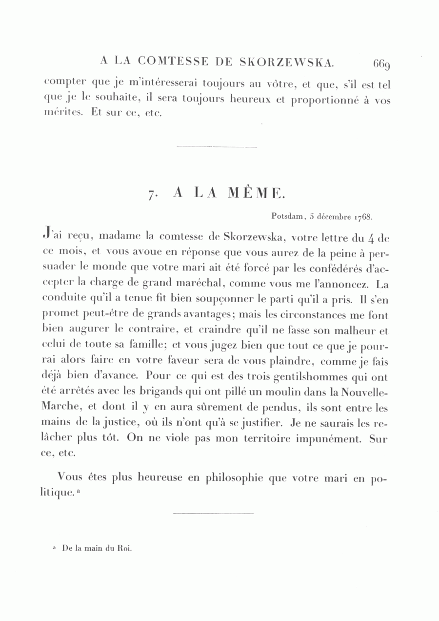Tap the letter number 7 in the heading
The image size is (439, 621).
152,193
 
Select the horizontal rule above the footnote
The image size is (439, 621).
214,513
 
